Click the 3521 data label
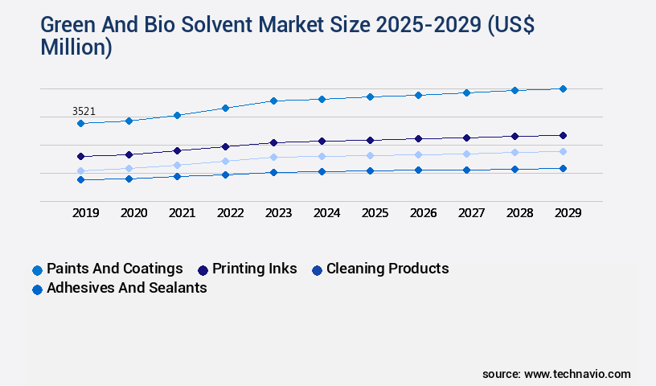click(x=84, y=111)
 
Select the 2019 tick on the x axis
click(x=85, y=213)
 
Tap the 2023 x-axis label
click(x=278, y=213)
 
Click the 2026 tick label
click(x=423, y=213)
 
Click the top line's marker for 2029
click(x=563, y=88)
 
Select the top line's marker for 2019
click(x=80, y=123)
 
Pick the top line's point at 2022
click(x=225, y=108)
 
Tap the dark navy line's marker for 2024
click(x=322, y=141)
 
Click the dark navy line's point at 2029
click(x=563, y=135)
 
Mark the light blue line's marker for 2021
click(x=177, y=165)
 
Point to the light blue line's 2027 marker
click(x=466, y=154)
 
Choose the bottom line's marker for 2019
click(x=80, y=179)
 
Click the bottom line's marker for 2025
click(x=370, y=170)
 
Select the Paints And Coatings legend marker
click(x=37, y=270)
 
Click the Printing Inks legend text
click(x=254, y=269)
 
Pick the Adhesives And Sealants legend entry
click(x=126, y=288)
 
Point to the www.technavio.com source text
click(x=576, y=374)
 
